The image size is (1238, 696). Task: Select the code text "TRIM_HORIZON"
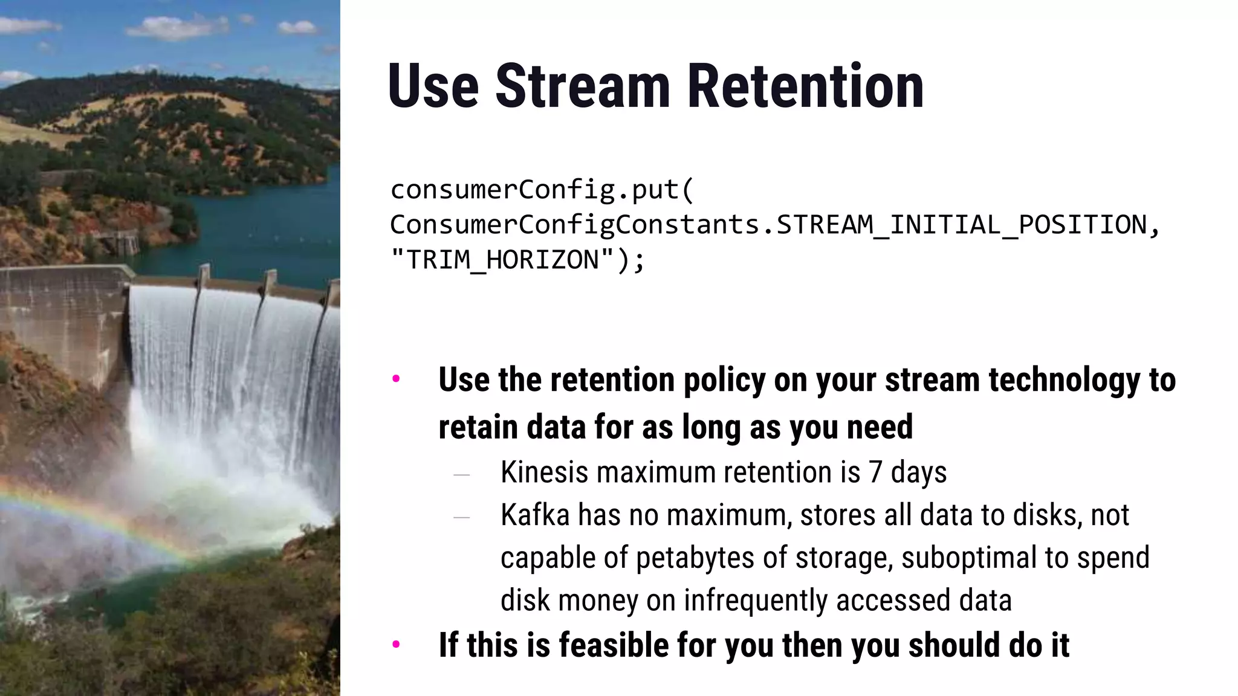[502, 260]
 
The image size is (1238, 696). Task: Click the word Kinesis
[544, 472]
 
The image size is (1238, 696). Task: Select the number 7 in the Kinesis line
[875, 472]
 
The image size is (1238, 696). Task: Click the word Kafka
[535, 515]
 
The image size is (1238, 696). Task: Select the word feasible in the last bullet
[613, 645]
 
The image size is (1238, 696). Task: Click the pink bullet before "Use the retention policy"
[396, 379]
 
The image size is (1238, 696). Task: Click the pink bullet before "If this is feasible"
[396, 645]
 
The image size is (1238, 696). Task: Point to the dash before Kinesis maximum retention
[461, 475]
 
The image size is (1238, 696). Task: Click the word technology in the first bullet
[1064, 380]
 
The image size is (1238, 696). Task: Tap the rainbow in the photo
[91, 514]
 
